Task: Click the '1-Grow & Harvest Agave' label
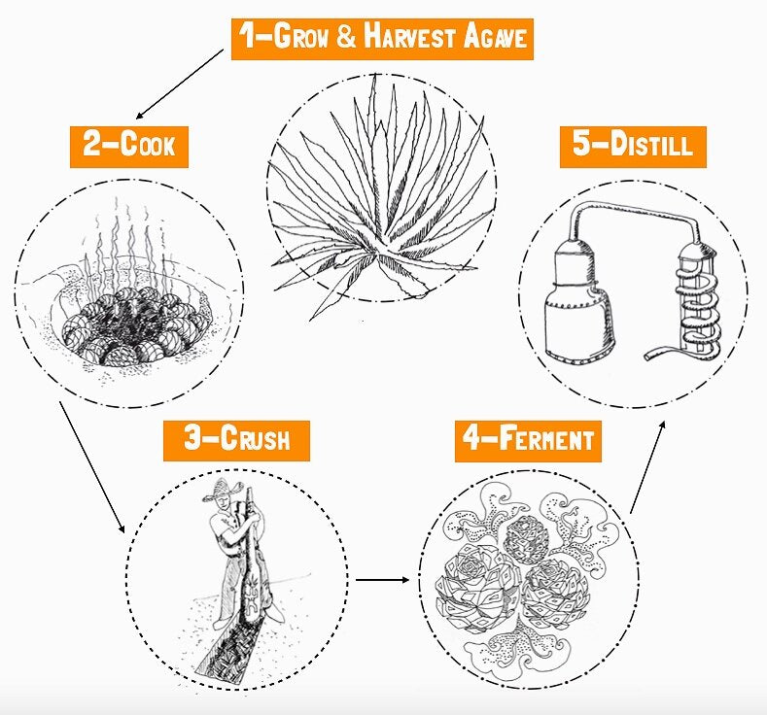pos(382,39)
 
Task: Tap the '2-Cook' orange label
pos(129,147)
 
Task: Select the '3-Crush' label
pos(237,440)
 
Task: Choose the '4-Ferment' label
pos(528,441)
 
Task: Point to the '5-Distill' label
pos(633,147)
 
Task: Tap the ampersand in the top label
pos(346,38)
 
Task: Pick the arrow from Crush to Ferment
pos(382,580)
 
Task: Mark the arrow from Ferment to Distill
pos(647,466)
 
